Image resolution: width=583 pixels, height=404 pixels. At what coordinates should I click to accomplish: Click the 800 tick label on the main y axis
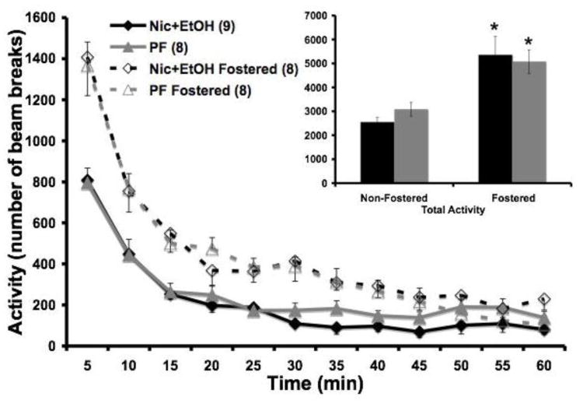tap(41, 182)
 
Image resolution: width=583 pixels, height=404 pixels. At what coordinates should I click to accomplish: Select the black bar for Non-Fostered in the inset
tap(376, 153)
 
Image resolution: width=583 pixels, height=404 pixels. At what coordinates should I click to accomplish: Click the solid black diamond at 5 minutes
tap(87, 181)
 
